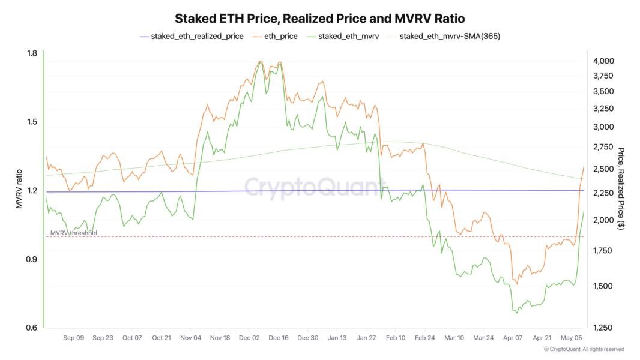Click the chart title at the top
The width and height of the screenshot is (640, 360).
coord(319,19)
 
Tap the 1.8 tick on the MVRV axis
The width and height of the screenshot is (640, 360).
coord(32,53)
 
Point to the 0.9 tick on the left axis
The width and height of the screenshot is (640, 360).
coord(32,259)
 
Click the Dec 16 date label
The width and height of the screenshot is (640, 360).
coord(278,338)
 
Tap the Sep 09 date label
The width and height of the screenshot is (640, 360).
coord(73,338)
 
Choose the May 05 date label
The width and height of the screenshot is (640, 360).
coord(572,338)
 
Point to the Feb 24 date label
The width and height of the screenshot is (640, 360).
coord(425,338)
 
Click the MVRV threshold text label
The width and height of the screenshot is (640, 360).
coord(73,233)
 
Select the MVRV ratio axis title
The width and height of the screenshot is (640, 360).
coord(19,190)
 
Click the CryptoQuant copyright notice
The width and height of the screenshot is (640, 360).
coord(584,349)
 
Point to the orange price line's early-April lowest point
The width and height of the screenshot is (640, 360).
coord(517,284)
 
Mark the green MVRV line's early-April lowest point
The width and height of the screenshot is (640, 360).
coord(516,313)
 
